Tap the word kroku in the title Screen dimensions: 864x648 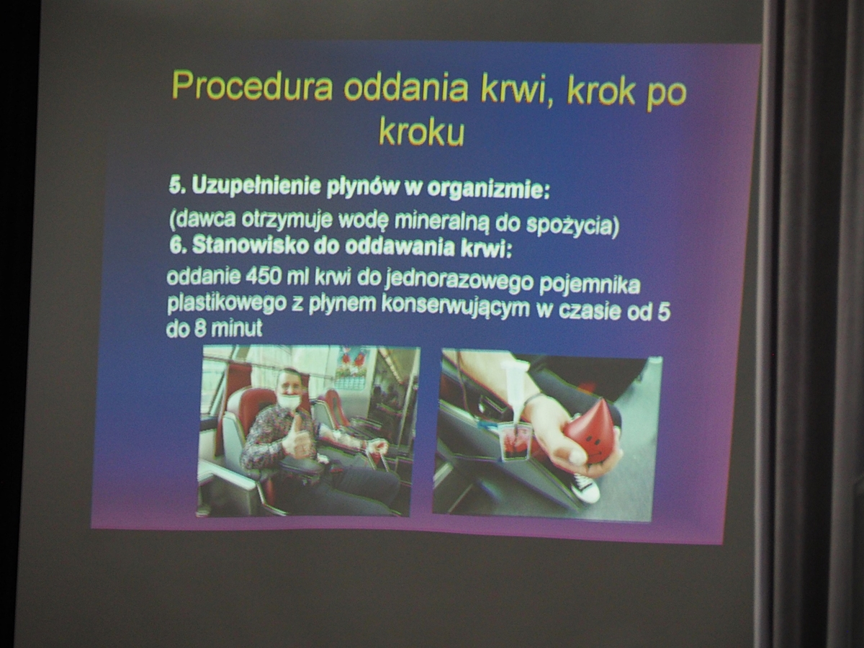point(422,132)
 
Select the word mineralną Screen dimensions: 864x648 point(442,222)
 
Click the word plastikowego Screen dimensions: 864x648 point(226,304)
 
